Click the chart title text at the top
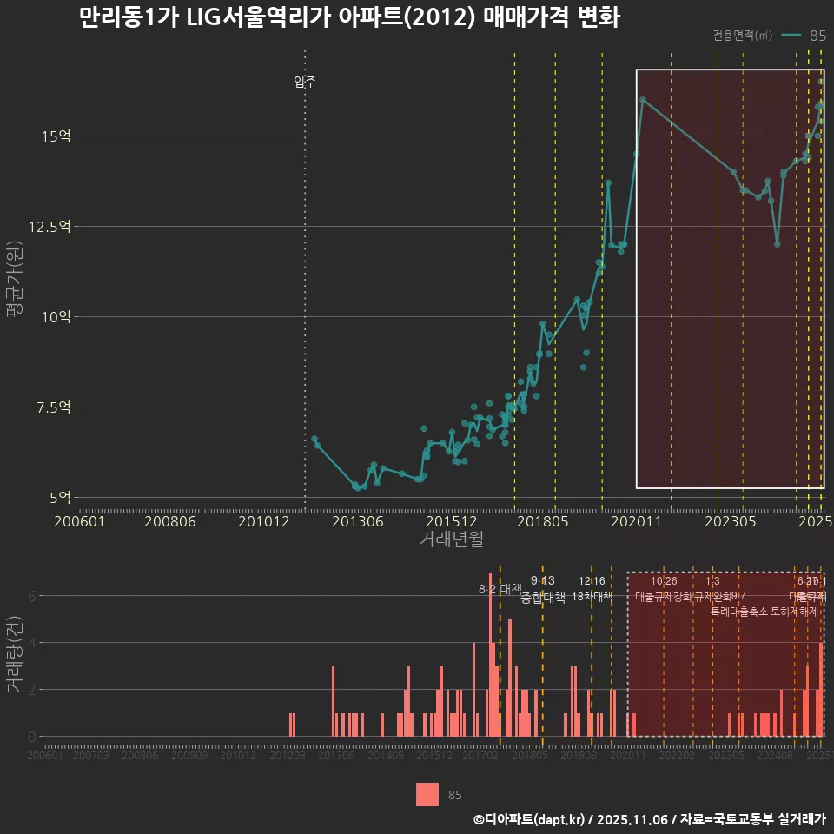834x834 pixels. [348, 18]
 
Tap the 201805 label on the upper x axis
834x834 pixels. [544, 522]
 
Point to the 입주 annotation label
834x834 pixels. [305, 83]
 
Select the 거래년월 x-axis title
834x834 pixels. [452, 539]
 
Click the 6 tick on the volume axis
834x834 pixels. [32, 596]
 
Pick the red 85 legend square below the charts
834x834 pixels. [427, 794]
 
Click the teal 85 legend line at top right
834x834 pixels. [791, 36]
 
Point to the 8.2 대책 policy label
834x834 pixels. [500, 589]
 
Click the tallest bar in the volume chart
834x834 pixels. [490, 654]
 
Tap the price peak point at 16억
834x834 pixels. [643, 100]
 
